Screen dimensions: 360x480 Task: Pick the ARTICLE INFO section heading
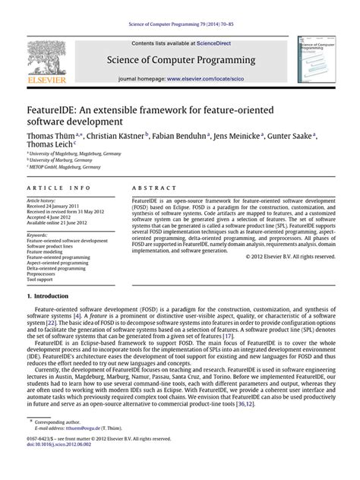52,187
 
